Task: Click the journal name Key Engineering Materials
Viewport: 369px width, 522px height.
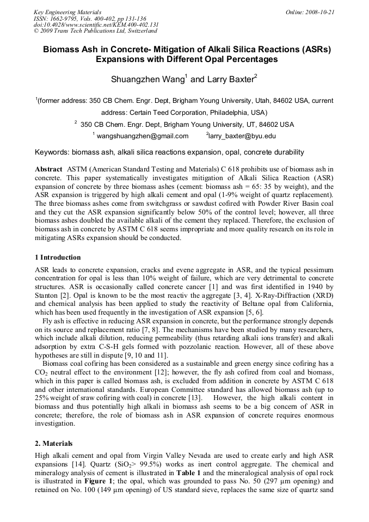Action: tap(67, 12)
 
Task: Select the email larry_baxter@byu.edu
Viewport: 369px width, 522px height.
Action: tap(242, 136)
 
